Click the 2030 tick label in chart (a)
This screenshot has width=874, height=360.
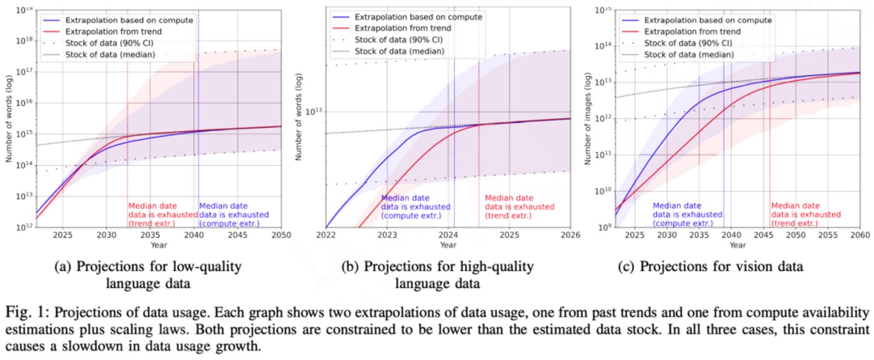coord(106,236)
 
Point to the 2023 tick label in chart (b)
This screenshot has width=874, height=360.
coord(388,236)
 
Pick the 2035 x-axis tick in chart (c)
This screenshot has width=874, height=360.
coord(698,236)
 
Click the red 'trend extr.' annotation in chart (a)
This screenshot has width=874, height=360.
coord(153,214)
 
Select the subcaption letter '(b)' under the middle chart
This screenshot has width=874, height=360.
coord(351,267)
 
